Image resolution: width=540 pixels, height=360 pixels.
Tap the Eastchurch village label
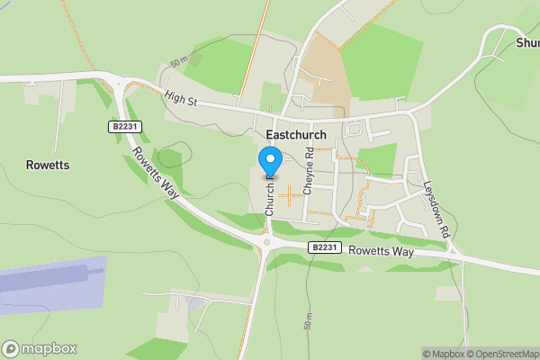pos(296,134)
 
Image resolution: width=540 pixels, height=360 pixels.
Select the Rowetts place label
pos(48,166)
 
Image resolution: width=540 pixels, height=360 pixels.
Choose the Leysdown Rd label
pos(437,209)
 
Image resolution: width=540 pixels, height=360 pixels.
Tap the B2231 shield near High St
pos(126,128)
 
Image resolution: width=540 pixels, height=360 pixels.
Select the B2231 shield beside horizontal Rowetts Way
pos(325,247)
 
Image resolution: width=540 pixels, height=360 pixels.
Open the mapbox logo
pos(40,348)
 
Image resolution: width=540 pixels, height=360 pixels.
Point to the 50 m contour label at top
pos(177,65)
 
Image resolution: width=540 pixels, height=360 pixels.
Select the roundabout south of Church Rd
pos(266,241)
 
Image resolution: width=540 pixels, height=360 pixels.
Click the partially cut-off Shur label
pos(527,42)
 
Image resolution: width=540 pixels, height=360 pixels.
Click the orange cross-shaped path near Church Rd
pos(290,193)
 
